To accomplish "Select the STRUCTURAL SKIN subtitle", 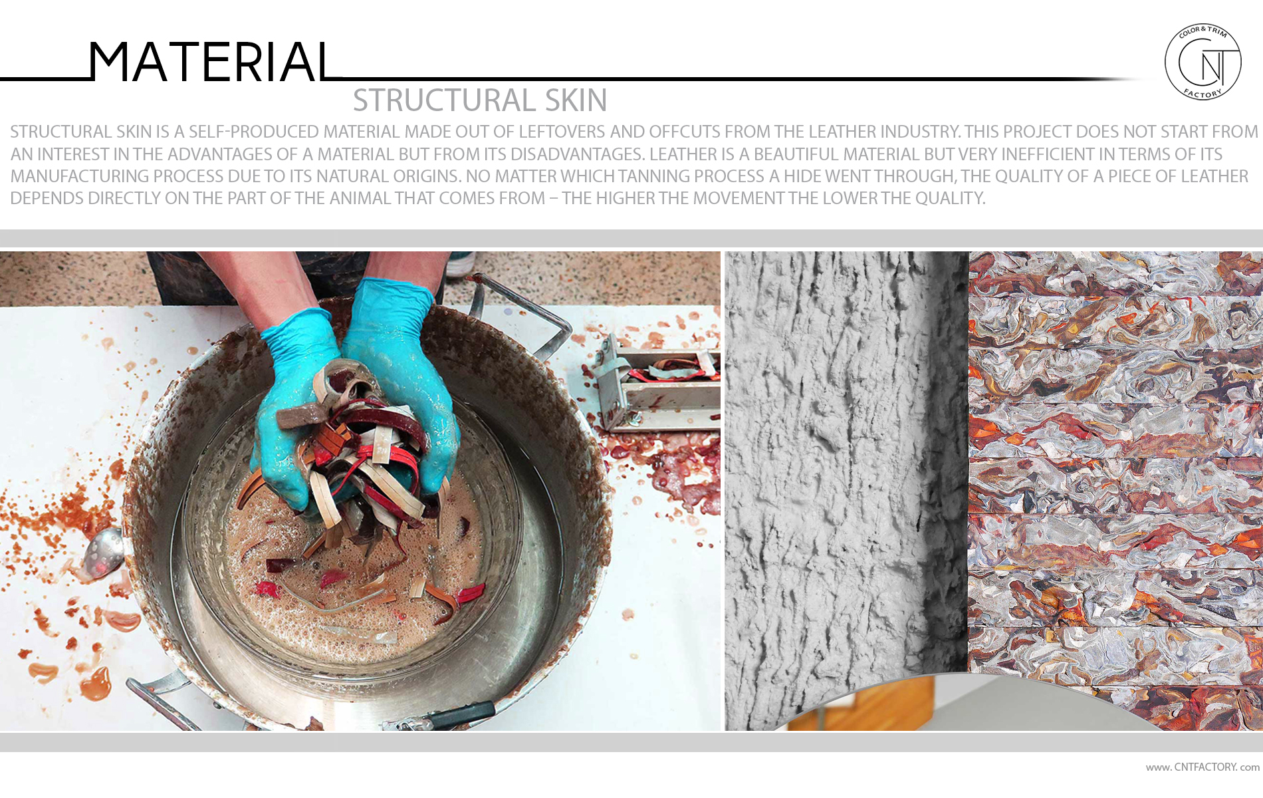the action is (x=480, y=100).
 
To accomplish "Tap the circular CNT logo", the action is (x=1203, y=62).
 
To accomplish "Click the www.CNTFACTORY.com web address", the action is (x=1203, y=767).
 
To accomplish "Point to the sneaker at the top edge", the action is (x=459, y=265).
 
